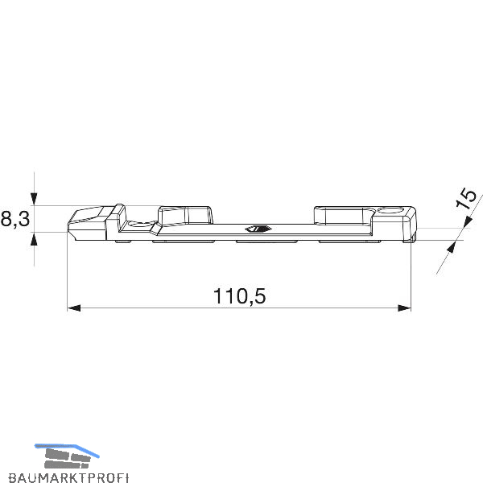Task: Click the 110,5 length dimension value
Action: [x=239, y=296]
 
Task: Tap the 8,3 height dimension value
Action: [x=15, y=219]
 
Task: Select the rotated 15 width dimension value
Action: [x=466, y=199]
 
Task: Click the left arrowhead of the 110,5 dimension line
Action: [x=74, y=308]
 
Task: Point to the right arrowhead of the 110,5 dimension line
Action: [x=404, y=308]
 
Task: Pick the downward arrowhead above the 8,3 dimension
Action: [x=34, y=199]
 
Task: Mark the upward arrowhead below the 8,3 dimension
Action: [x=34, y=239]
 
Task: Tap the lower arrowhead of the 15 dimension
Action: [x=452, y=247]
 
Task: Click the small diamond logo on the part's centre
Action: [x=258, y=229]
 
